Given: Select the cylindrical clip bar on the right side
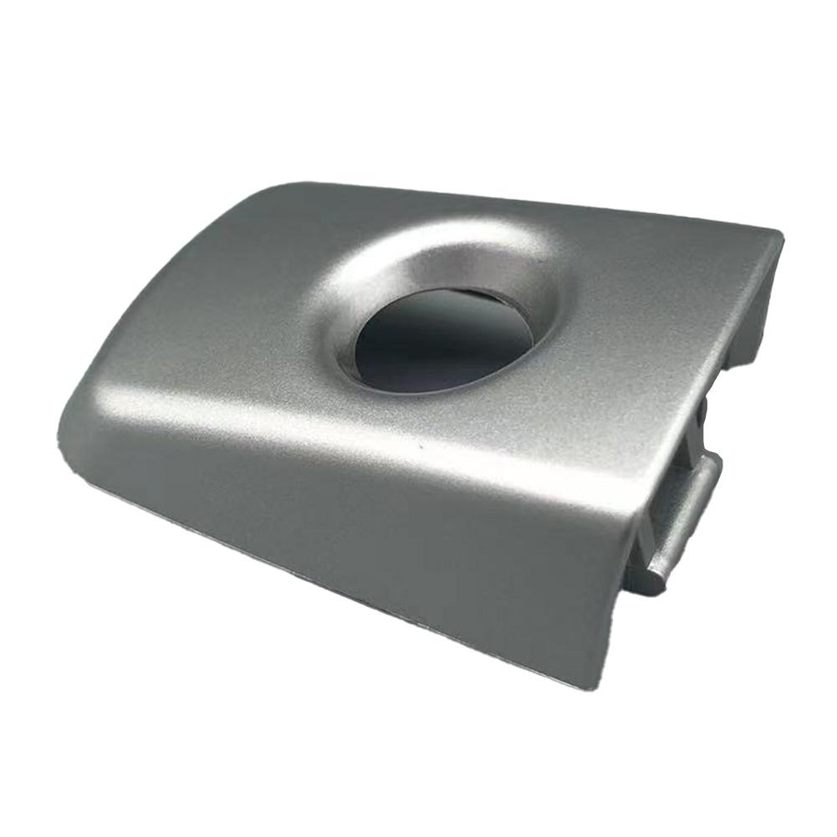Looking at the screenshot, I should coord(681,523).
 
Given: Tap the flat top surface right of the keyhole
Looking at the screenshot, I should coord(652,318).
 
